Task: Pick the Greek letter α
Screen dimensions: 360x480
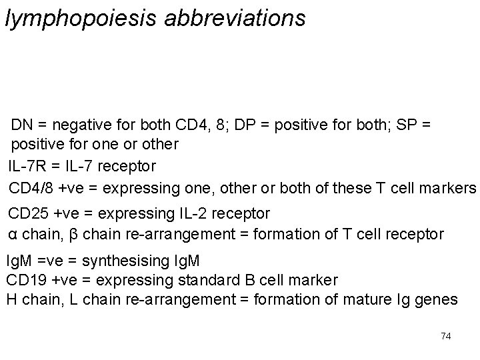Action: (x=12, y=235)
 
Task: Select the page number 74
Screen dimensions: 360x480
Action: (x=446, y=336)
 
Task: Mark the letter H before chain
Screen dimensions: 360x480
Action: (x=11, y=300)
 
